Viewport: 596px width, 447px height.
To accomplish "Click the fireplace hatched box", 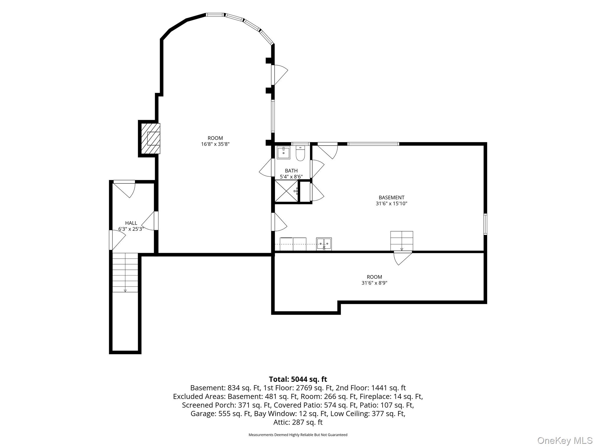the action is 151,139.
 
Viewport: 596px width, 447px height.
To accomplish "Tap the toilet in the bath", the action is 300,153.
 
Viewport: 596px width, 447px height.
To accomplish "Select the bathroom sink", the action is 283,153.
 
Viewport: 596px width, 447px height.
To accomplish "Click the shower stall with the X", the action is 286,191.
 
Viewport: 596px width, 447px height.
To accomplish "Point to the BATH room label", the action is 291,171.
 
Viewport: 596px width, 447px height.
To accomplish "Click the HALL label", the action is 131,223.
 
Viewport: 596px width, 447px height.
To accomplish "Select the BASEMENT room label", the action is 391,198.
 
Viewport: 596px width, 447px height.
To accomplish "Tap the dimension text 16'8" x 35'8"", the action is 215,144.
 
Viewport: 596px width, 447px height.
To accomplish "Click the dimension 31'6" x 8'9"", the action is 374,283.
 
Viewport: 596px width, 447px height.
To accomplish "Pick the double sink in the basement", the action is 324,244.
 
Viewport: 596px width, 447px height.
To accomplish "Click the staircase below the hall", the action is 125,272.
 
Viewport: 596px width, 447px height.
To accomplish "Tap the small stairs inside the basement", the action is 402,241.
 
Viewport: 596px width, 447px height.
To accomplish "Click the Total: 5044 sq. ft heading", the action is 298,379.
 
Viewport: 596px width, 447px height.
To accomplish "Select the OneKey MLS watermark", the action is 565,440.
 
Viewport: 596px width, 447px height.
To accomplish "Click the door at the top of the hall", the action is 124,189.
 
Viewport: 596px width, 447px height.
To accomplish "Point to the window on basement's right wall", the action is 485,224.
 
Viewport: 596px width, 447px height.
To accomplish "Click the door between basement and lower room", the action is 403,258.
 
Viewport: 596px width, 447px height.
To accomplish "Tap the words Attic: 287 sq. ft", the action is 298,422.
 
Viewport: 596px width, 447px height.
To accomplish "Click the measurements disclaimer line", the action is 298,435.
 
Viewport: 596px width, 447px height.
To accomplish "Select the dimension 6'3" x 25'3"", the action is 131,229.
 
